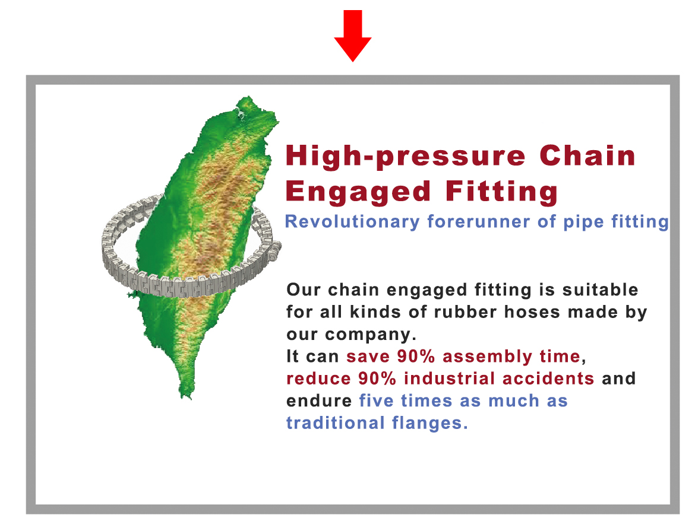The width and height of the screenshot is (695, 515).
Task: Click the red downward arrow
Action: (x=353, y=36)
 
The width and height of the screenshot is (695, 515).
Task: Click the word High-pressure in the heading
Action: (x=406, y=157)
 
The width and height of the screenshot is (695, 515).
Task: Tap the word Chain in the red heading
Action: (x=587, y=155)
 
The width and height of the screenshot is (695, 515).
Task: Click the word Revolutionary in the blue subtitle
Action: (x=352, y=222)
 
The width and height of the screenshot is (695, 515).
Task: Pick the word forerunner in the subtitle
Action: (x=478, y=221)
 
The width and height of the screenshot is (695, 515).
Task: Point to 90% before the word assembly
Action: (x=416, y=356)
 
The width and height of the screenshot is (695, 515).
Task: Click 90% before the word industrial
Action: (x=377, y=378)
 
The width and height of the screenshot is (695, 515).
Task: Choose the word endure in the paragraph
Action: (x=319, y=400)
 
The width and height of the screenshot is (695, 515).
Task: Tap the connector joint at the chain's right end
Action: (x=274, y=249)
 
